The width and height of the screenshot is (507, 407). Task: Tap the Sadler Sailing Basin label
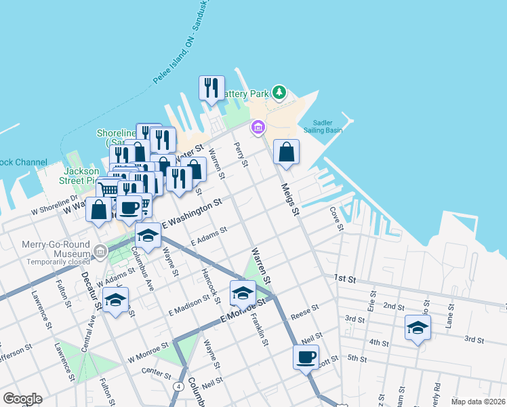click(331, 127)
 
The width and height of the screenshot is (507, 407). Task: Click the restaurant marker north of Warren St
click(211, 88)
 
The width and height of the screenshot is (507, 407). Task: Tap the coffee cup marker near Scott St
click(306, 357)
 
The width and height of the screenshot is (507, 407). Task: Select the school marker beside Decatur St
click(116, 300)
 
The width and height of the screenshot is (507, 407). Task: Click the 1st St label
click(344, 278)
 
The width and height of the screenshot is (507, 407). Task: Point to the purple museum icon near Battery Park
click(258, 127)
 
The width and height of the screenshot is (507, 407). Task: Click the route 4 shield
click(178, 386)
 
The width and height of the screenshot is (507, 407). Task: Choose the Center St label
click(155, 371)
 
